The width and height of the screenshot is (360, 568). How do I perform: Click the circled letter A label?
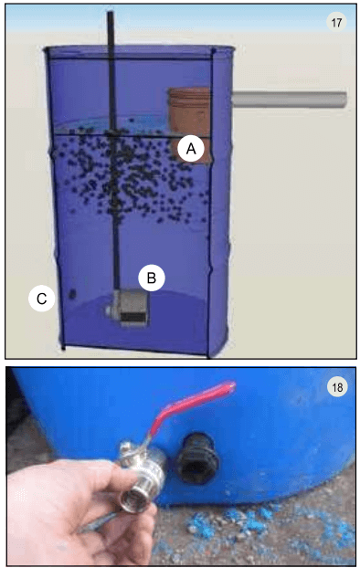(x=191, y=148)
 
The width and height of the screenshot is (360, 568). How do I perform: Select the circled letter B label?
(x=152, y=278)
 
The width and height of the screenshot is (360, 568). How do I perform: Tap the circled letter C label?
(x=42, y=299)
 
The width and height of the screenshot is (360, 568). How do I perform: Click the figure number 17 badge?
(x=336, y=23)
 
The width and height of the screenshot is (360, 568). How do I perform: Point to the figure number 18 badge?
(x=337, y=387)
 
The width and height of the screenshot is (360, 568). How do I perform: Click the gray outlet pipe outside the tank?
(x=289, y=100)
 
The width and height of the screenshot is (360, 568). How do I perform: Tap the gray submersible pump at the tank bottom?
(x=128, y=307)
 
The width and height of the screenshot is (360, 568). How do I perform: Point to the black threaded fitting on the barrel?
(x=196, y=458)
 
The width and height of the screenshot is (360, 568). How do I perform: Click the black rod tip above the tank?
(x=111, y=13)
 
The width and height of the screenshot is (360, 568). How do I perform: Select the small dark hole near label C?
(x=72, y=294)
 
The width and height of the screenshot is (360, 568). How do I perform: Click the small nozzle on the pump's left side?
(x=110, y=310)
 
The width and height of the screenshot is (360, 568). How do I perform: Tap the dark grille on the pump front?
(x=133, y=317)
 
